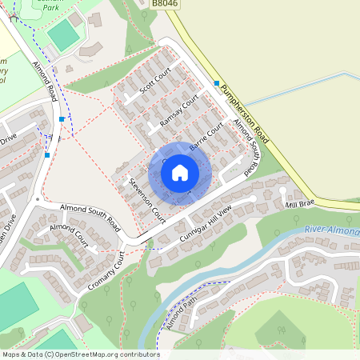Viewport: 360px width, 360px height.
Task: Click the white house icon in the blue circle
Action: tap(180, 173)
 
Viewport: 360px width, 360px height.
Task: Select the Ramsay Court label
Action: tap(178, 111)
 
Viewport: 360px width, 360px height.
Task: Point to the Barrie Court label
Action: tap(206, 137)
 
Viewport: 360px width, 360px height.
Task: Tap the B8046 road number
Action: tap(164, 4)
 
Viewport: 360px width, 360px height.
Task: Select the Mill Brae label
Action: tap(300, 206)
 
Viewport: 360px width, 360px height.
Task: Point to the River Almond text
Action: tap(331, 231)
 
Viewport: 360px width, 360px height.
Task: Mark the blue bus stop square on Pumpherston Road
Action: tap(217, 82)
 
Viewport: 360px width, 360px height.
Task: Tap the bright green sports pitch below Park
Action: tap(64, 35)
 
